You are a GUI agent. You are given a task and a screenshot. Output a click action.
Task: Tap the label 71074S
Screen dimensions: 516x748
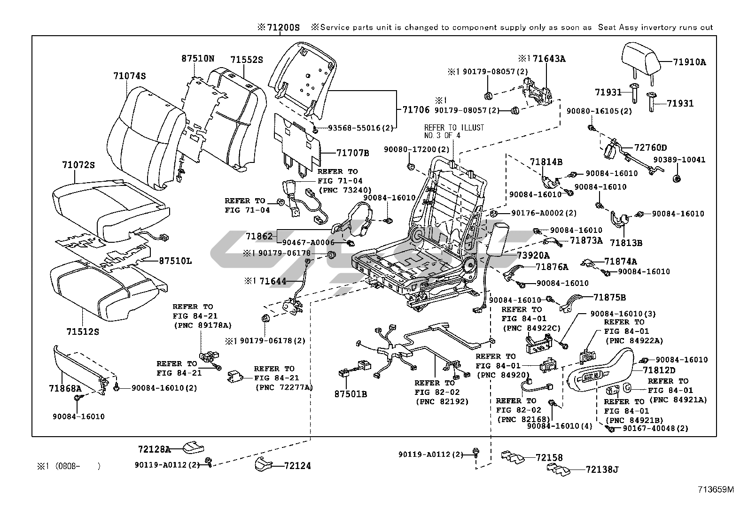[129, 76]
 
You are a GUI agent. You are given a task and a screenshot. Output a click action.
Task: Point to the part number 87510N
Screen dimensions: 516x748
[198, 59]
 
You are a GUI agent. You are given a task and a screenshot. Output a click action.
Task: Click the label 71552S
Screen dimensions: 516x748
[247, 60]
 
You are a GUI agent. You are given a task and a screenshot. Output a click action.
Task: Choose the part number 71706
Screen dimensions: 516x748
[416, 109]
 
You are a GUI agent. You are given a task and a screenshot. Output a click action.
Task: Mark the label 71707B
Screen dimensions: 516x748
[353, 153]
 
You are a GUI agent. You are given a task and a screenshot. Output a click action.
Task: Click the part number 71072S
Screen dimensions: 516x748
[78, 165]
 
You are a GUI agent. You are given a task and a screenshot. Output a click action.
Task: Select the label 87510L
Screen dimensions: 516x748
[175, 261]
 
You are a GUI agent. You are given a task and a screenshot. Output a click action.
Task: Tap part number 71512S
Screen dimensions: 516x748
[83, 332]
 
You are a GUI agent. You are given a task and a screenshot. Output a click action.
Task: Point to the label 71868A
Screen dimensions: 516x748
[65, 388]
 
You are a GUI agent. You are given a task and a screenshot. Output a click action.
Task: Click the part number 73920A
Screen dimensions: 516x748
[533, 255]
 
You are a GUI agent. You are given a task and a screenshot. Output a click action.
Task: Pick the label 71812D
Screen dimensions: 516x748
[660, 370]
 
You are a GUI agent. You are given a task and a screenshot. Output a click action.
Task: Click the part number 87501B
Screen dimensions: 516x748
[351, 394]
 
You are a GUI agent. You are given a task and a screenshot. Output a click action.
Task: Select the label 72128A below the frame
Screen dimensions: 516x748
[155, 449]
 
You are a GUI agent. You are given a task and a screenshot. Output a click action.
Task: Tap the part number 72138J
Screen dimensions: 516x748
[602, 469]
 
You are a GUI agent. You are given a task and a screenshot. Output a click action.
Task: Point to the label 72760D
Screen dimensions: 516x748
[651, 148]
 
